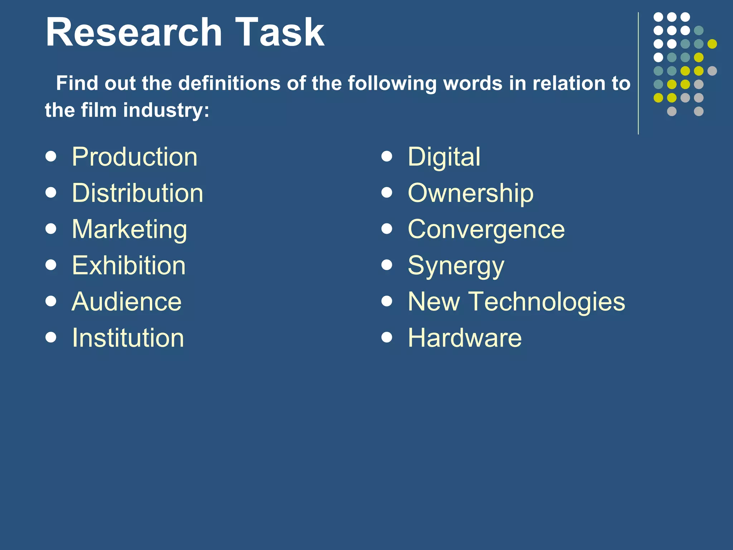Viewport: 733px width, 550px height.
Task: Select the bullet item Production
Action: pyautogui.click(x=135, y=157)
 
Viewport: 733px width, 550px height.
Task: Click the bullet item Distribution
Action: pyautogui.click(x=137, y=193)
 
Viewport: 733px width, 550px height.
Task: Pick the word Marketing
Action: pyautogui.click(x=129, y=230)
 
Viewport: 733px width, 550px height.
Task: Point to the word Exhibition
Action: pyautogui.click(x=129, y=265)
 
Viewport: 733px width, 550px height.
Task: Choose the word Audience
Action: pyautogui.click(x=127, y=301)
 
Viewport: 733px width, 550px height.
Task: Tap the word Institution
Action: pyautogui.click(x=128, y=338)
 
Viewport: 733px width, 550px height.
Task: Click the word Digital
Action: pyautogui.click(x=444, y=157)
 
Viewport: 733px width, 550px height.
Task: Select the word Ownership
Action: pyautogui.click(x=471, y=193)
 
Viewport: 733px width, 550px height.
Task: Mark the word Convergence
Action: pyautogui.click(x=486, y=230)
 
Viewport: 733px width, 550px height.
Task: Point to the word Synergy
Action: pyautogui.click(x=456, y=266)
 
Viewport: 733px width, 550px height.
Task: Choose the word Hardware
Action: pyautogui.click(x=465, y=338)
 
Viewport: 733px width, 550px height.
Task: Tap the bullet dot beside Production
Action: pyautogui.click(x=51, y=156)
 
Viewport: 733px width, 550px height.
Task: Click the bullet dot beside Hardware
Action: pyautogui.click(x=387, y=337)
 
